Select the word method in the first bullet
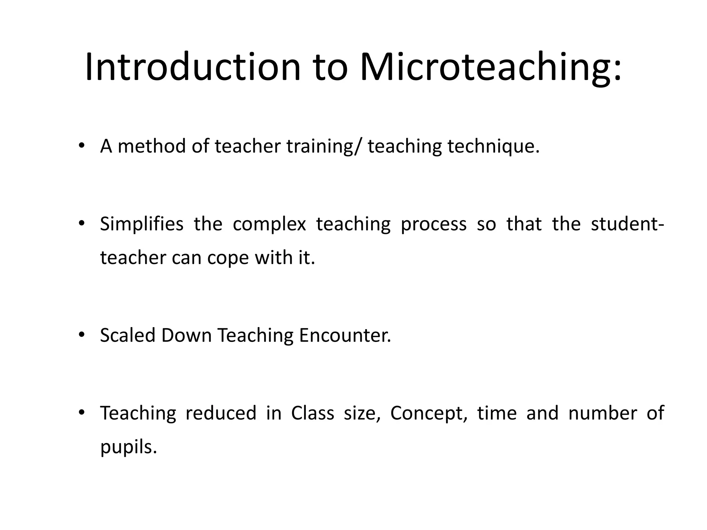click(x=152, y=146)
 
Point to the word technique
click(x=493, y=146)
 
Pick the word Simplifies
click(x=142, y=224)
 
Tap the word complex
click(x=269, y=224)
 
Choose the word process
click(x=433, y=224)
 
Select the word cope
click(x=228, y=258)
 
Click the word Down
click(x=186, y=335)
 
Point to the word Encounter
click(x=345, y=335)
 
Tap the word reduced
click(x=221, y=413)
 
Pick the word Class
click(x=312, y=413)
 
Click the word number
click(x=602, y=413)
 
